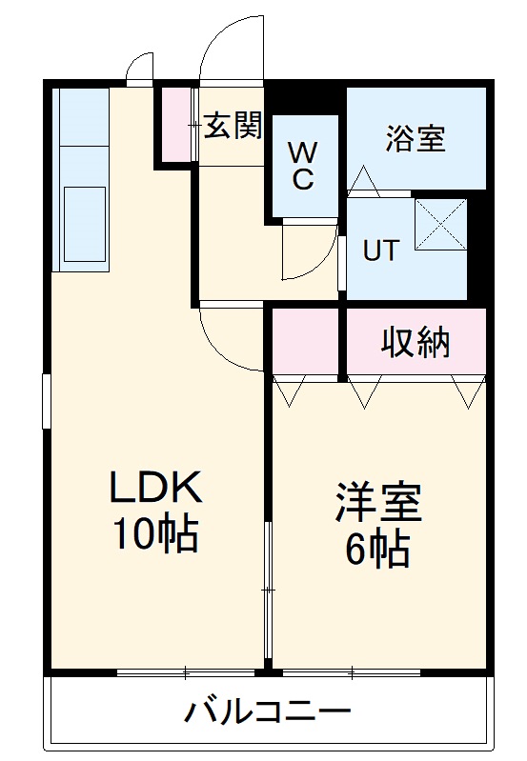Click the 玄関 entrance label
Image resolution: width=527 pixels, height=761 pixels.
233,127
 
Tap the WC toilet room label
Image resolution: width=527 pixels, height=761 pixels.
303,166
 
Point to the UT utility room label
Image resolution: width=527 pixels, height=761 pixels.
379,250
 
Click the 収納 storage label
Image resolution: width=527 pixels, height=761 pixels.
416,342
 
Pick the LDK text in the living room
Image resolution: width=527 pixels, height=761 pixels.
155,490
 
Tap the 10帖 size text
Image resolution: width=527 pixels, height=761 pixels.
155,536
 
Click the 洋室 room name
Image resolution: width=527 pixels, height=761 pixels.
378,503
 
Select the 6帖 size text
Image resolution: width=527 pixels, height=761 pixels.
378,550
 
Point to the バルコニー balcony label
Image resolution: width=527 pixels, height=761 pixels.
268,711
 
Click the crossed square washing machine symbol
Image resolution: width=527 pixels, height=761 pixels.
440,225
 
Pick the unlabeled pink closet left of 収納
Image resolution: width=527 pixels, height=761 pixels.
307,342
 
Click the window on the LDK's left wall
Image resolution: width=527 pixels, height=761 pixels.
46,401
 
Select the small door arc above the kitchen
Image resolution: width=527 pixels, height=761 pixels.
138,67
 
